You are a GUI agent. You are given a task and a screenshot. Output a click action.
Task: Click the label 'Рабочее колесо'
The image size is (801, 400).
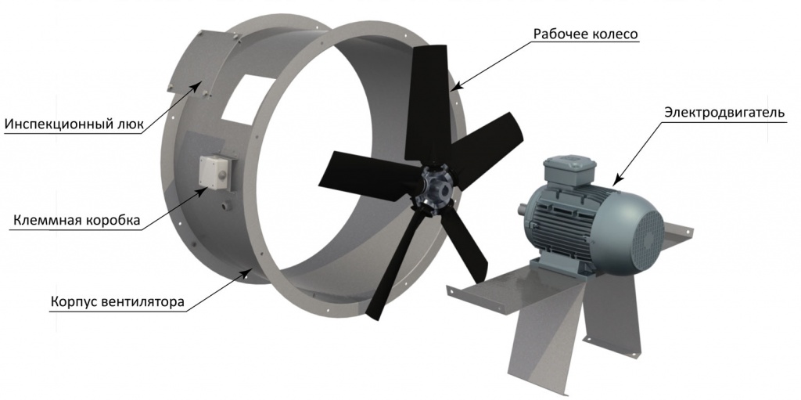click(x=586, y=34)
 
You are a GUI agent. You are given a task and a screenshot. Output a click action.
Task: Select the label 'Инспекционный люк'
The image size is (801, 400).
click(x=76, y=125)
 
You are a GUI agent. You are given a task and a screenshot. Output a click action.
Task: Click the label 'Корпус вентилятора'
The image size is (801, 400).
click(x=117, y=302)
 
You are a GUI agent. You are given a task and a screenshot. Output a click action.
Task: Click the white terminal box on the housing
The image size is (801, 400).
click(x=216, y=172)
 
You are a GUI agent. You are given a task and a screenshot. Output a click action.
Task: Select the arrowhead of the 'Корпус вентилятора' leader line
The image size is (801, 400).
click(x=250, y=270)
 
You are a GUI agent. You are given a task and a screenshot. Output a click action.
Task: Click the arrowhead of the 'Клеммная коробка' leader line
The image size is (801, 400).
click(x=210, y=187)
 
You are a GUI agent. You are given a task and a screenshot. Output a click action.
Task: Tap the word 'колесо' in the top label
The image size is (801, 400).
click(x=615, y=34)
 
